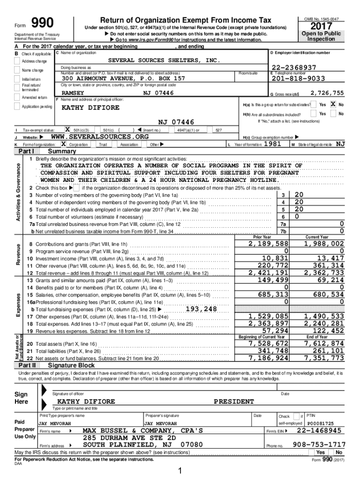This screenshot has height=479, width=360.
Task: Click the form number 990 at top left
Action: [42, 23]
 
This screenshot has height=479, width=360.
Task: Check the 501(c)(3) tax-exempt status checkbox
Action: [67, 129]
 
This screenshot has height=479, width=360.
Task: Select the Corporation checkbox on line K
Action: [64, 144]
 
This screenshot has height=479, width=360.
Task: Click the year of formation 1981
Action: [272, 144]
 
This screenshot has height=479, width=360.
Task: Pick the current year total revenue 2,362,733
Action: [324, 273]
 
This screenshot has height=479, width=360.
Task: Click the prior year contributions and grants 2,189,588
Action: [268, 244]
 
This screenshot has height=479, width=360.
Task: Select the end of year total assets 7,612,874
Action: [324, 344]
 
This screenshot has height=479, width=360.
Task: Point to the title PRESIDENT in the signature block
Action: [234, 401]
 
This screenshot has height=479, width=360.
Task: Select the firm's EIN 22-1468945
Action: [319, 430]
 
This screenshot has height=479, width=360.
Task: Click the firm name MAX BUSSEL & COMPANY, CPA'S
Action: [143, 430]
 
